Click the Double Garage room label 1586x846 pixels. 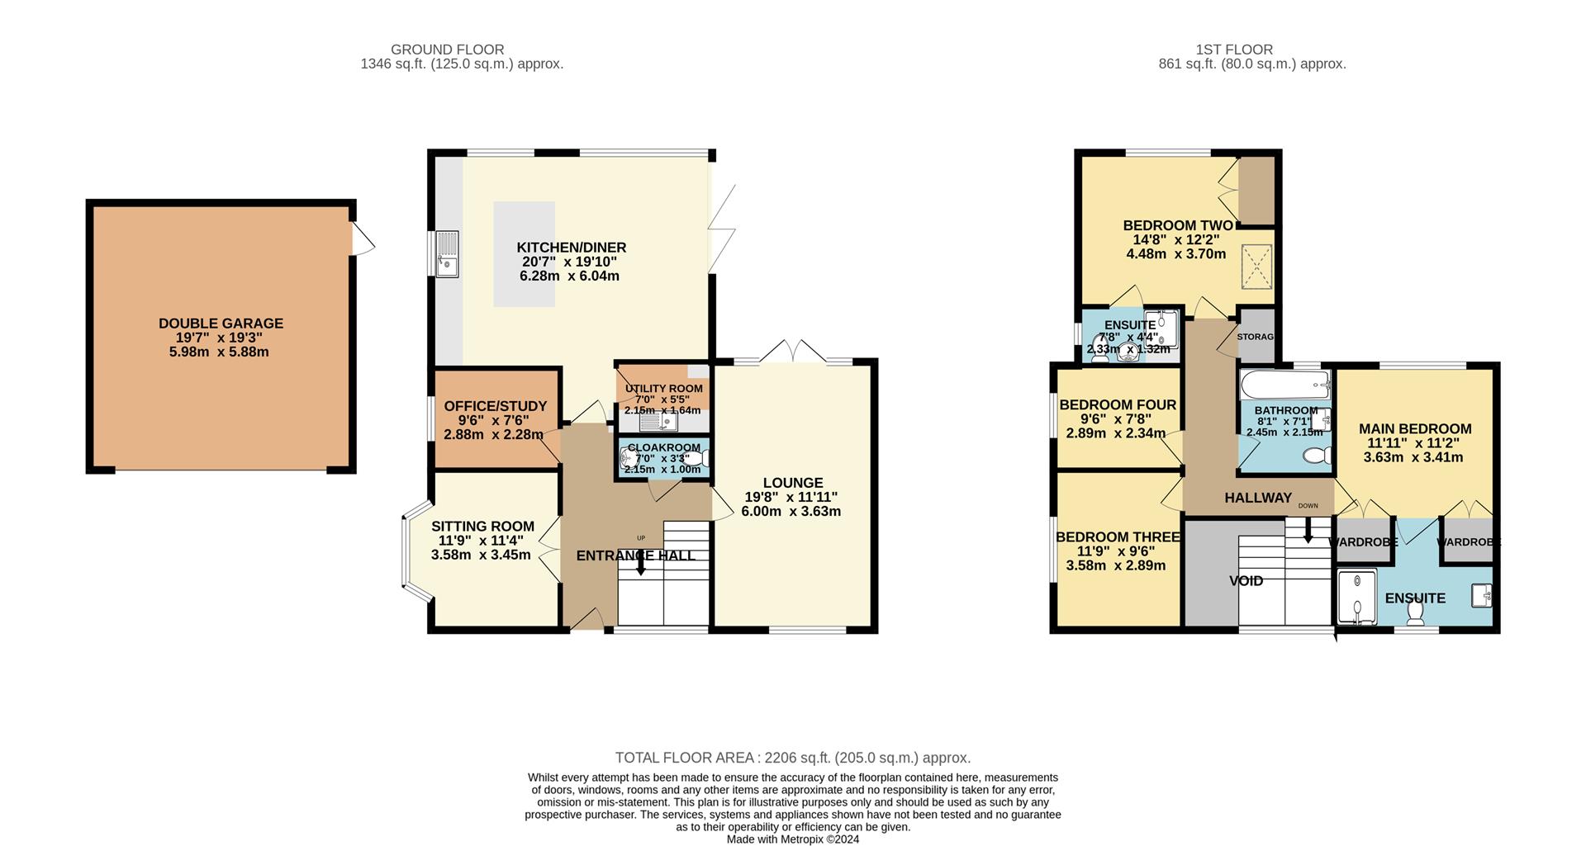tap(221, 324)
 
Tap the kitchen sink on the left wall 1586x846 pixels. tap(447, 254)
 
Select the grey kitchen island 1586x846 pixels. tap(525, 254)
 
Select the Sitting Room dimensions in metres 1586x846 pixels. tap(481, 555)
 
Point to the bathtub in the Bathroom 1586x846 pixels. tap(1284, 385)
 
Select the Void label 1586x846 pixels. tap(1246, 581)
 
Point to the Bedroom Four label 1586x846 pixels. tap(1118, 404)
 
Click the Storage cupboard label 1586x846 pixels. tap(1256, 337)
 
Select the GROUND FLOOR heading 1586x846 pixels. tap(447, 50)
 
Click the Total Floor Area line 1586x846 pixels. tap(793, 758)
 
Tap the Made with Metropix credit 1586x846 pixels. tap(793, 839)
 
